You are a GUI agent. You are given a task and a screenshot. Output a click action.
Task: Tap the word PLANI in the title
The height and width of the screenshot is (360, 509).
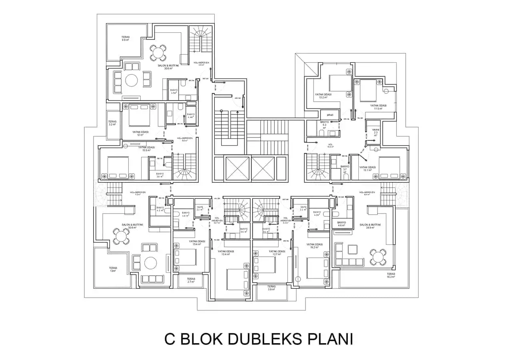tap(330, 339)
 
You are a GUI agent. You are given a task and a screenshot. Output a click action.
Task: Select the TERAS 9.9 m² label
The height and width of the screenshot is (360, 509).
tap(126, 38)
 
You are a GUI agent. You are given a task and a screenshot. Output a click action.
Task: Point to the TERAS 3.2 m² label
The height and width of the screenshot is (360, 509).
tap(112, 123)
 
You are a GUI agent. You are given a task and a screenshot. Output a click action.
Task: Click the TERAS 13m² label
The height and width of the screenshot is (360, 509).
tap(113, 270)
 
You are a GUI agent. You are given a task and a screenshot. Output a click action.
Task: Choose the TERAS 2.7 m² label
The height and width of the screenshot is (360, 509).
tap(191, 280)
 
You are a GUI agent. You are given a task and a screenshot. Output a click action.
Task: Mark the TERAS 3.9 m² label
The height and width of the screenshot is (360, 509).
tap(271, 288)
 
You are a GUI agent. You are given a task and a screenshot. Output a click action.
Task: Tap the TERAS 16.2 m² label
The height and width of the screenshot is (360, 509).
tap(391, 275)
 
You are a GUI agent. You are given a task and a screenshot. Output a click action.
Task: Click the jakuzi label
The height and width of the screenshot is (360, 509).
tap(330, 114)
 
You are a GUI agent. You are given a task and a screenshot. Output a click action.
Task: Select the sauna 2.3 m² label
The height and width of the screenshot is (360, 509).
tap(375, 132)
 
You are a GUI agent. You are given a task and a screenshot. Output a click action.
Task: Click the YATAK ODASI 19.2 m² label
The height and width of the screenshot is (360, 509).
tap(314, 246)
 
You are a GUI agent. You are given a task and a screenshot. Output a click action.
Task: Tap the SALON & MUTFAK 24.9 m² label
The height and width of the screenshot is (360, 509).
tap(370, 226)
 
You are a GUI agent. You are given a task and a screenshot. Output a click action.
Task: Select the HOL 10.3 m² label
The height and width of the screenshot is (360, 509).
tap(330, 146)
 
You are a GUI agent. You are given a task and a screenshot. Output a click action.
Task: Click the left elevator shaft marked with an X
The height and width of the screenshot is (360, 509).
tap(237, 168)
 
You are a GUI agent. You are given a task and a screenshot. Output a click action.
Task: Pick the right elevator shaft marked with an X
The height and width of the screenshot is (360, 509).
tap(263, 168)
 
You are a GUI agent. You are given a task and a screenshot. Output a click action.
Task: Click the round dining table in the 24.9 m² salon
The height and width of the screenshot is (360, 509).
tap(378, 257)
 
